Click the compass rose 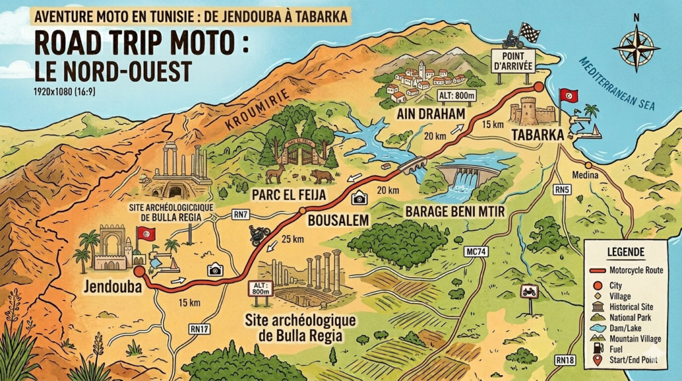[635, 47]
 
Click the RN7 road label [242, 214]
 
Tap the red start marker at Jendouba [139, 271]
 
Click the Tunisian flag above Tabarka [568, 95]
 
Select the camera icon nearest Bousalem [360, 198]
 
